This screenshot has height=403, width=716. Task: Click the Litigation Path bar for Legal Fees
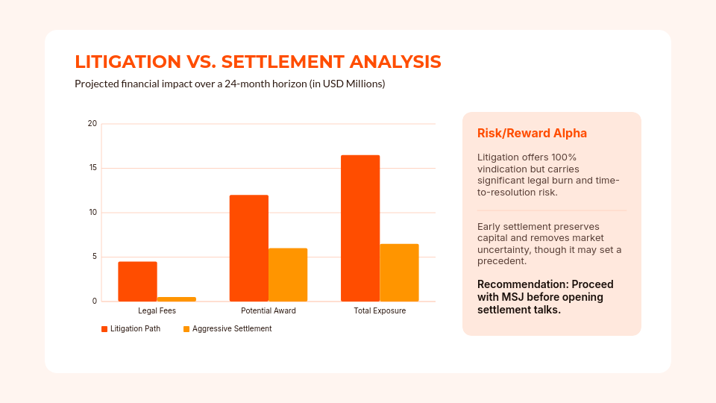(137, 281)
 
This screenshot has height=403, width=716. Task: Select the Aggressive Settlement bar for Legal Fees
(176, 299)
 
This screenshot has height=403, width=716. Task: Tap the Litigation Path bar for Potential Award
(248, 248)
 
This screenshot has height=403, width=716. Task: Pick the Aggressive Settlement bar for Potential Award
(288, 275)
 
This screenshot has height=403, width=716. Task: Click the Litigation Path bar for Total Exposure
(360, 228)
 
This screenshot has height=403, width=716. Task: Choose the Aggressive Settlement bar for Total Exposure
(399, 272)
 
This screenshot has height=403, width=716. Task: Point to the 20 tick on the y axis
(92, 123)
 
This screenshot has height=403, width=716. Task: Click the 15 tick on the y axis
(92, 168)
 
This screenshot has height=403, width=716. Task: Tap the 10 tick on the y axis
(92, 213)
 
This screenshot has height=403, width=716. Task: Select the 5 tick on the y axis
(94, 257)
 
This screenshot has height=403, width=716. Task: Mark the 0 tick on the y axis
(94, 302)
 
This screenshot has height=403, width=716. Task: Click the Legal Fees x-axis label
(157, 310)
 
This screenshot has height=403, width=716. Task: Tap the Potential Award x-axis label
(268, 310)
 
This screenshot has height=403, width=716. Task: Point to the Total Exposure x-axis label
(380, 310)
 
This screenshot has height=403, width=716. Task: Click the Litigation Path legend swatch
(104, 329)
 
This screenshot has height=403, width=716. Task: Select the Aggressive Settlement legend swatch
(186, 329)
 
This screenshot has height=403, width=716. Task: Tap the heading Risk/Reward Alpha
(532, 133)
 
